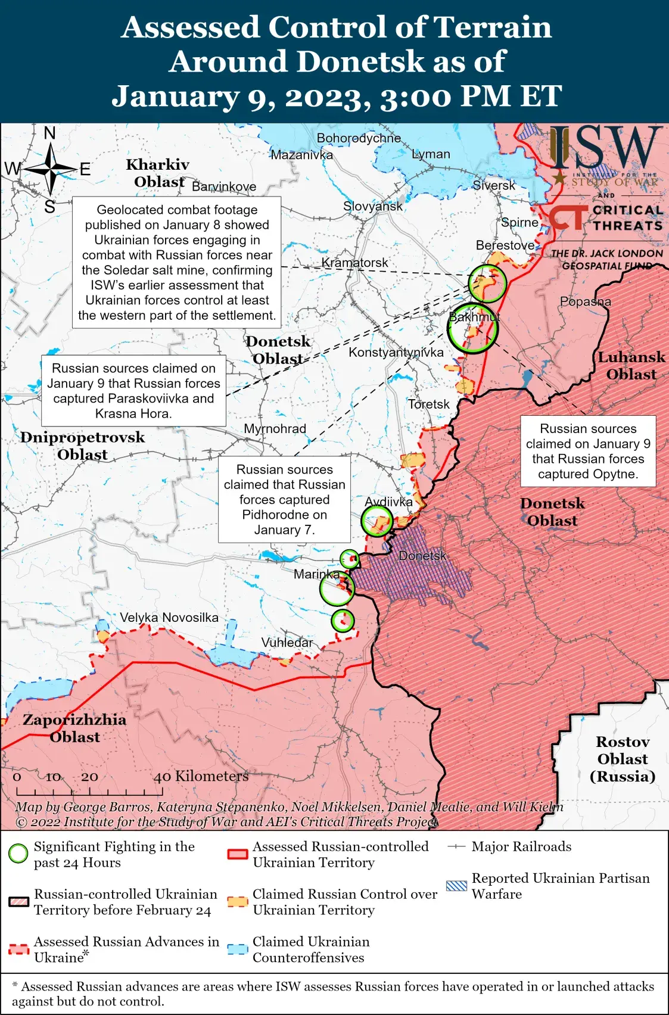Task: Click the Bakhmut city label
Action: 474,317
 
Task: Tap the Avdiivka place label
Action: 389,502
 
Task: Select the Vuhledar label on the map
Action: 287,642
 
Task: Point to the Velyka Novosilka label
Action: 169,618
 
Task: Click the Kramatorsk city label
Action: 354,263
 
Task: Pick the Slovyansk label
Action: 373,207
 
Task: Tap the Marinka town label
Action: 316,574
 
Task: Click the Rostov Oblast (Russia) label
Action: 623,759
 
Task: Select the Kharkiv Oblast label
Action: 158,173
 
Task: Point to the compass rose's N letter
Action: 50,133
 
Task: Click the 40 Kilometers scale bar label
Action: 201,776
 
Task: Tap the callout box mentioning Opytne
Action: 588,451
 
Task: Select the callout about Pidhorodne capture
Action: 284,499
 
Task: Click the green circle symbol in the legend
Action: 18,854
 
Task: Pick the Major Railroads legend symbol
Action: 456,846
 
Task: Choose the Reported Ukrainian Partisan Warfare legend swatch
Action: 456,886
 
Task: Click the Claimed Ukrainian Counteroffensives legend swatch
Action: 238,949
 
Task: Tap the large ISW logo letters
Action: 605,147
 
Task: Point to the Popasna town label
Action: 585,301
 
